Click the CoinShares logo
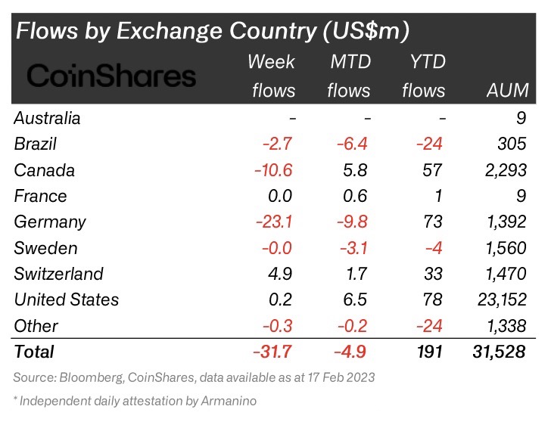click(112, 76)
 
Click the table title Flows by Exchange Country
click(213, 31)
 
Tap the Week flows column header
click(272, 76)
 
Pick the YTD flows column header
click(424, 76)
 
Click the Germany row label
click(50, 222)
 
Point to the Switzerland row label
click(59, 274)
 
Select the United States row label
click(67, 299)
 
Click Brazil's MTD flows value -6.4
click(349, 144)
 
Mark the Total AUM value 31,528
click(495, 352)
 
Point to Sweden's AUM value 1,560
click(501, 248)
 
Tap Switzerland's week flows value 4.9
click(279, 274)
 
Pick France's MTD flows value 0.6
click(354, 196)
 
